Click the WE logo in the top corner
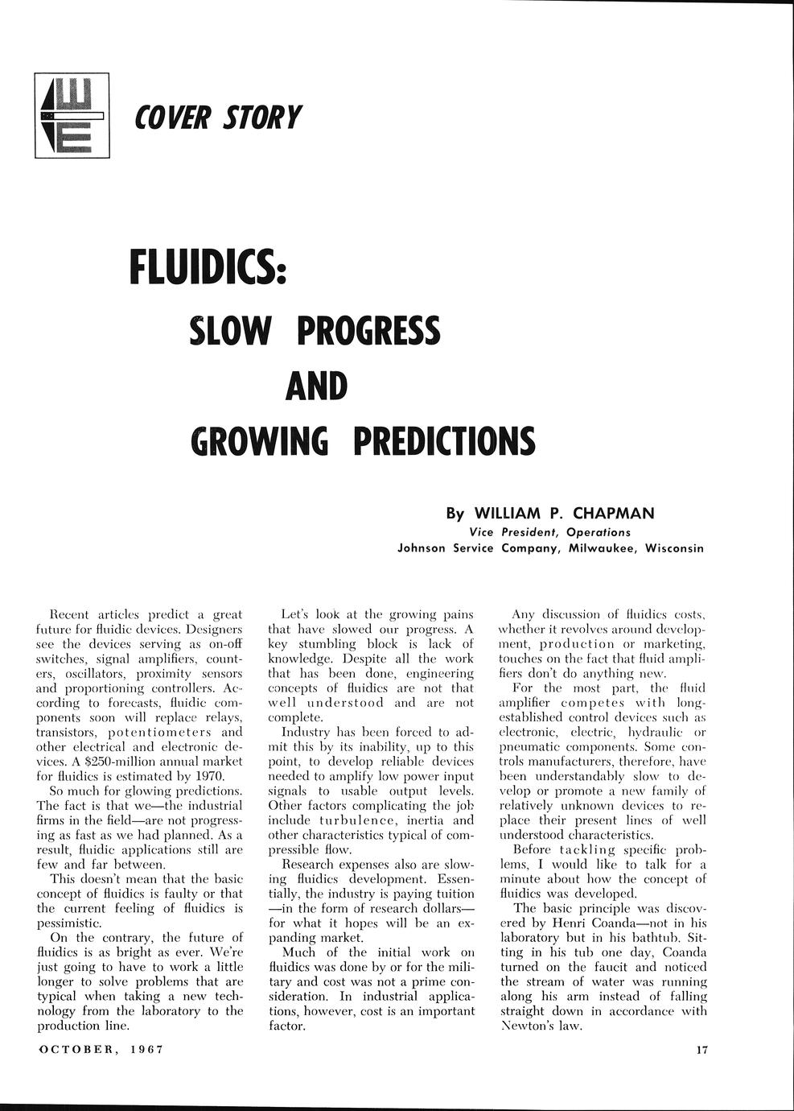[x=72, y=116]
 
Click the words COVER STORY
[x=218, y=118]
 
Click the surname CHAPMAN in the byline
[x=613, y=514]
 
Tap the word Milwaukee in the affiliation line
[x=599, y=548]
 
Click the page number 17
[x=699, y=1050]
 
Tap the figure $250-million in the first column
[x=113, y=762]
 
